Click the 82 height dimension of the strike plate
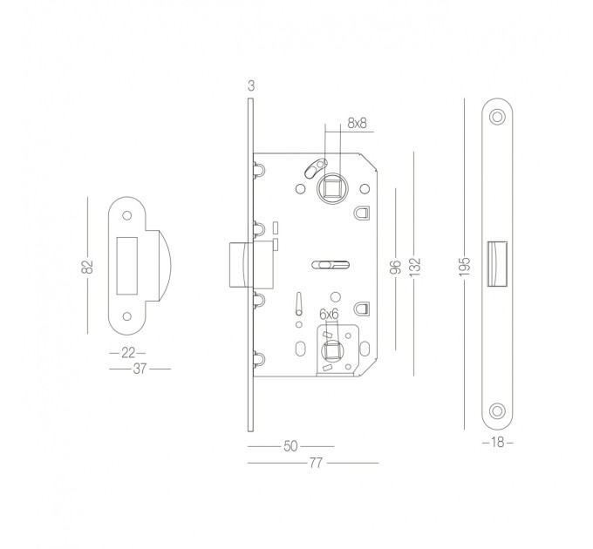[x=87, y=267]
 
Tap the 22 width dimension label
[x=128, y=353]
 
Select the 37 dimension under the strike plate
[x=140, y=369]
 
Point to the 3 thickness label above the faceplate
[x=251, y=86]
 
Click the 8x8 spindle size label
[x=357, y=123]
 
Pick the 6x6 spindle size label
[x=329, y=314]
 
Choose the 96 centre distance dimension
[x=396, y=268]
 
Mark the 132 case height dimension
[x=415, y=267]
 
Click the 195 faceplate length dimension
[x=465, y=267]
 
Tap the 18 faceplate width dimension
[x=498, y=442]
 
